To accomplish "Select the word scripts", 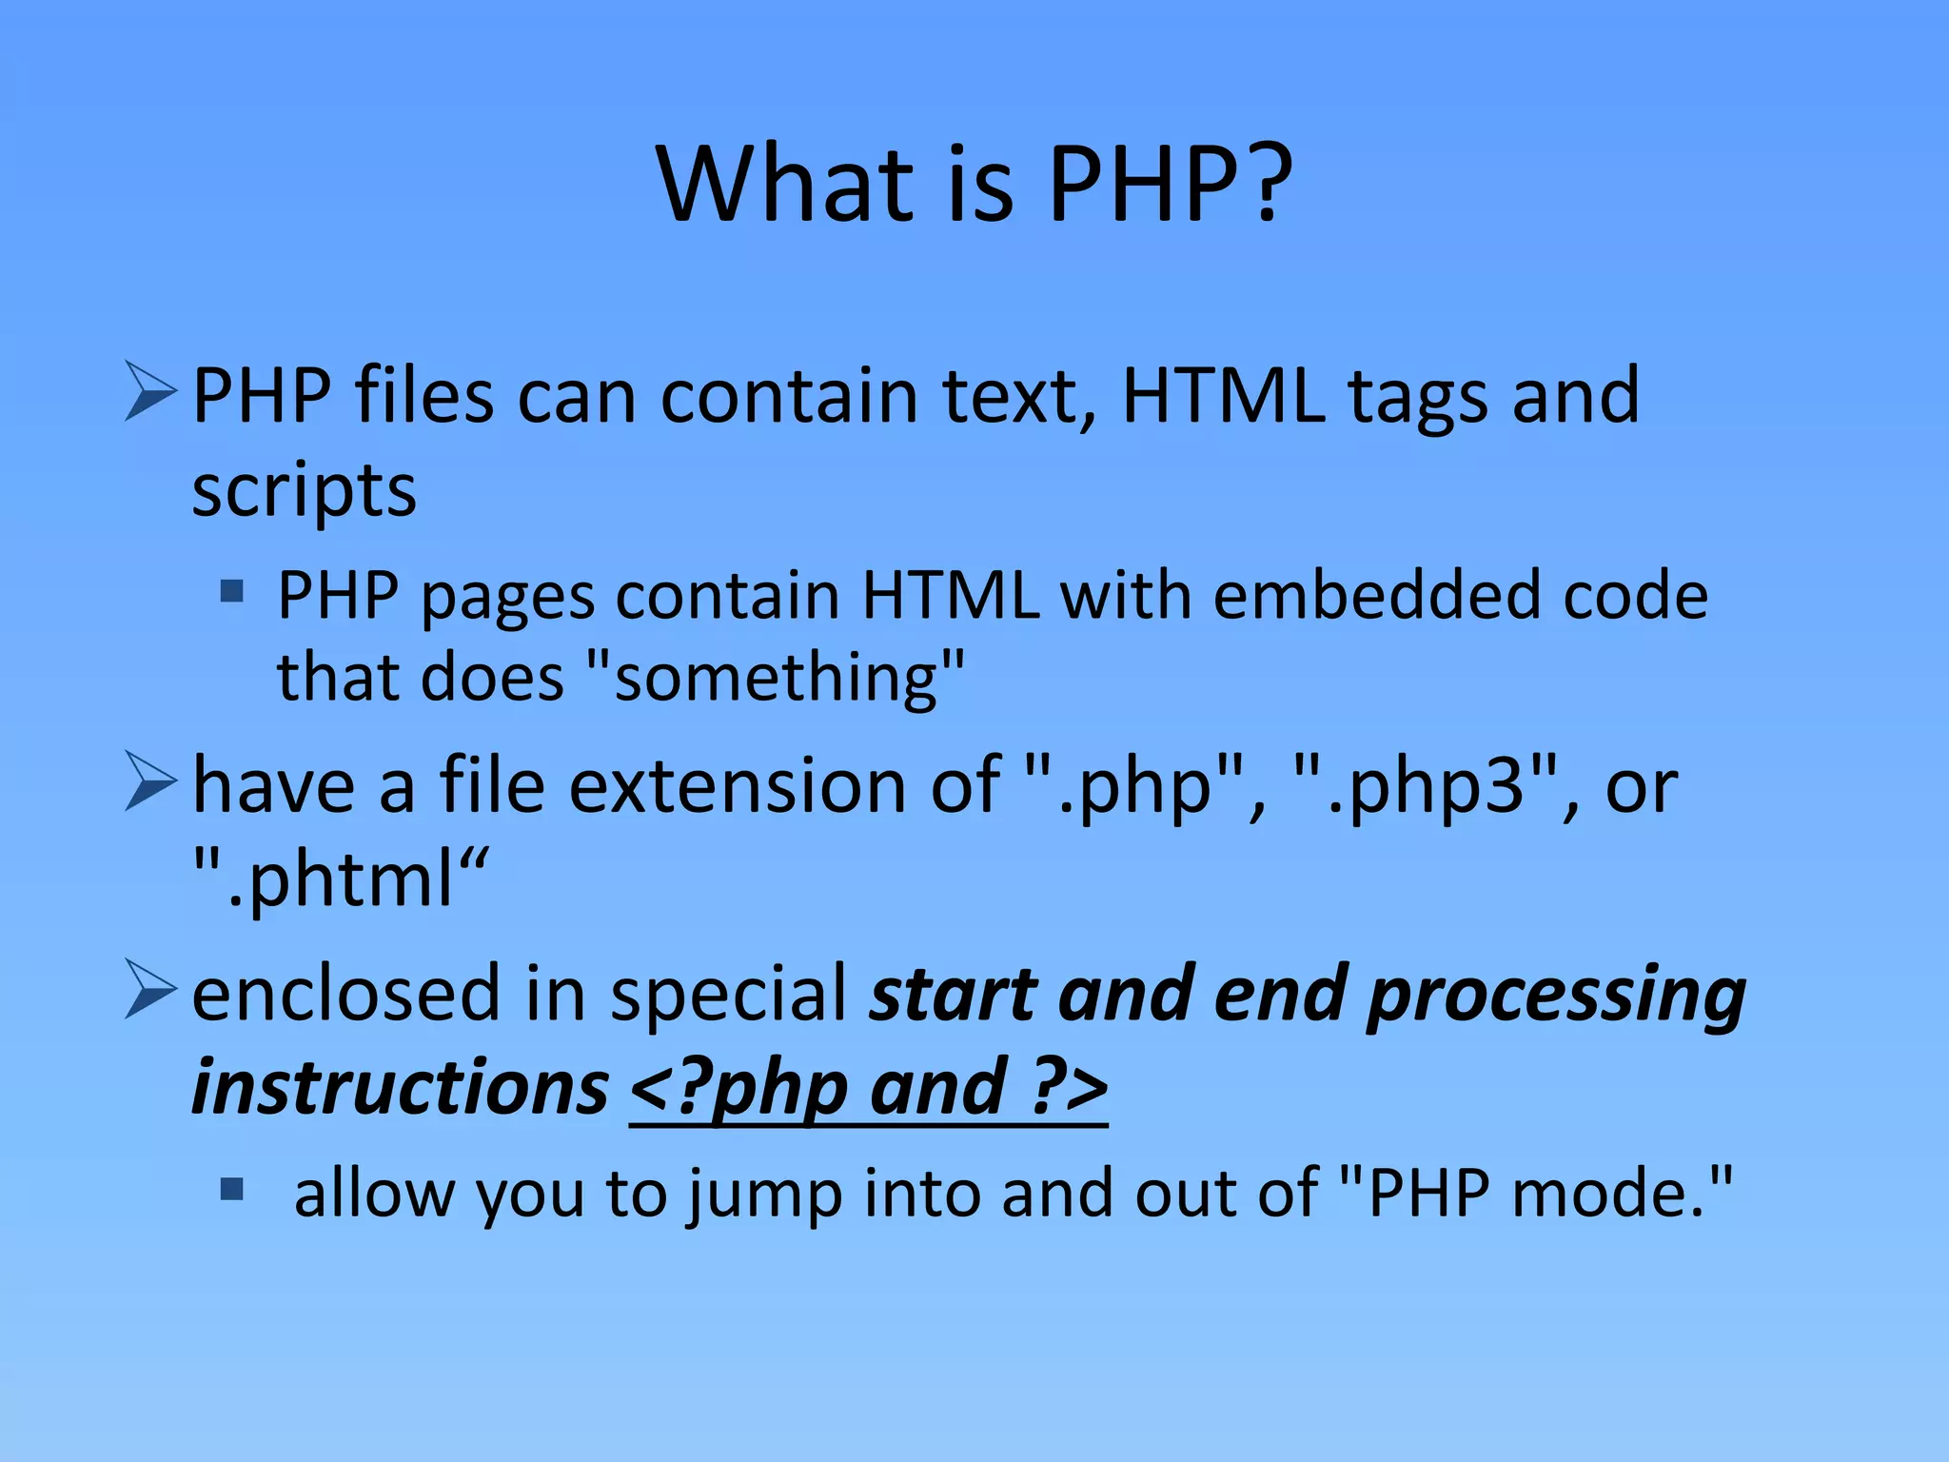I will coord(305,492).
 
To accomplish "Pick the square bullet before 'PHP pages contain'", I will coord(231,592).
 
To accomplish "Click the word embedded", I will coord(1376,596).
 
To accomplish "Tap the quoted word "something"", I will coord(776,678).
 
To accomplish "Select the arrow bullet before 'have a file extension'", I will coord(150,781).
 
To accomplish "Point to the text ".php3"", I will coord(1436,788).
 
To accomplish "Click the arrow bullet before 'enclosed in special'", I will coord(150,990).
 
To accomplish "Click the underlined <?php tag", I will coord(738,1089).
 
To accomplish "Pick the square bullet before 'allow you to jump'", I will coord(231,1189).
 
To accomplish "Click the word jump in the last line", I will coord(765,1195).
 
